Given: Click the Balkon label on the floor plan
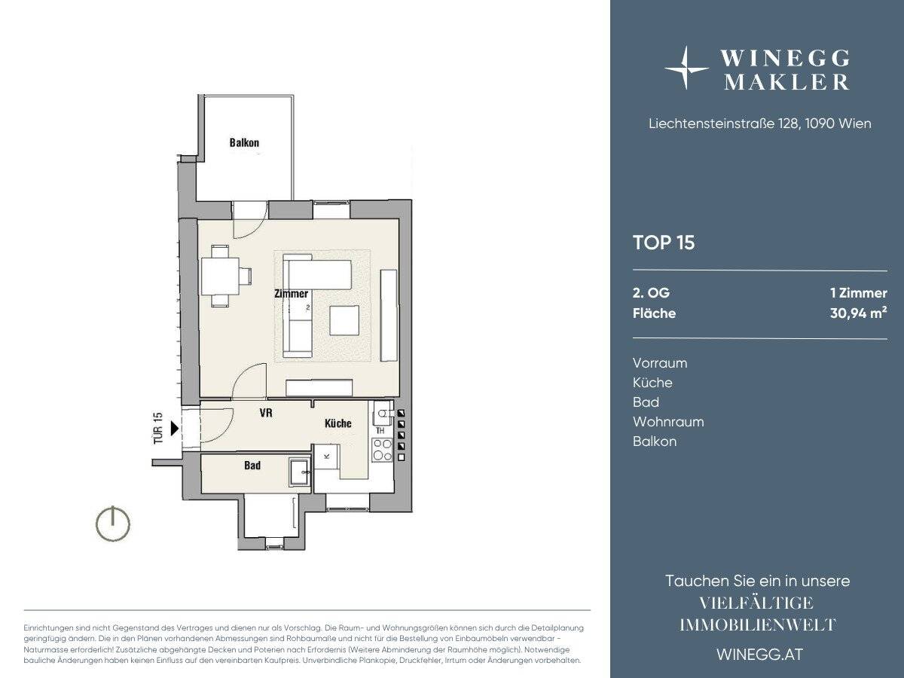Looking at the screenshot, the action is pos(244,143).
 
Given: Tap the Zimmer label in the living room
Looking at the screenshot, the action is pos(292,294).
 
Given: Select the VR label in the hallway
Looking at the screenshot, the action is pos(266,413).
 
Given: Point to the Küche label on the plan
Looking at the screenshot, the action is pos(338,423).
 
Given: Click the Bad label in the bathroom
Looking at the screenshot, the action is pos(252,465).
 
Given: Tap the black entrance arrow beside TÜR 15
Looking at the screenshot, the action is pos(175,428).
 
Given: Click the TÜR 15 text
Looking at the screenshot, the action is pos(158,428).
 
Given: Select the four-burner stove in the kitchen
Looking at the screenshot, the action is pos(382,450).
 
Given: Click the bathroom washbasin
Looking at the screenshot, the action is pos(300,472).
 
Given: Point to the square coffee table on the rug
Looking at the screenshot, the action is pos(344,320).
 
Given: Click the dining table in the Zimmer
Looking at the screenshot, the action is pos(220,276).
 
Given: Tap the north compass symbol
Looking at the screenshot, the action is pos(113,524).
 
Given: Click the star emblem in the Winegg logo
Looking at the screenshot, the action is pos(686,68).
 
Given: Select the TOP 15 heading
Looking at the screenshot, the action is pos(664,243).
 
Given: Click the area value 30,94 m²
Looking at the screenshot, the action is pos(858,313).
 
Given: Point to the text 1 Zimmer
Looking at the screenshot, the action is pos(859,293).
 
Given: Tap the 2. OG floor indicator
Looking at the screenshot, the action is pos(651,293).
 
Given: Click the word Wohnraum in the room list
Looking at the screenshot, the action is pos(668,422).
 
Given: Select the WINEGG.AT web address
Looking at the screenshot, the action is pos(760,655).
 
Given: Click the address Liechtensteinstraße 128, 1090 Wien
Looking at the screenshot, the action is pos(760,124).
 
